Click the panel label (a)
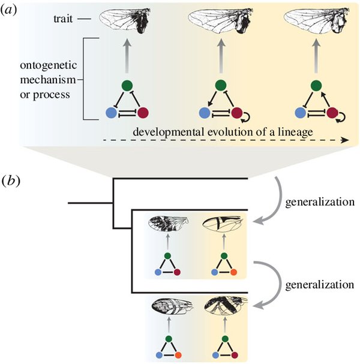[x=9, y=10]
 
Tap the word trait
[x=63, y=19]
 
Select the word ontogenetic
[x=49, y=66]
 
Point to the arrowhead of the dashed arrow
[x=346, y=140]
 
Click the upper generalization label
[x=320, y=202]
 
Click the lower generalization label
[x=320, y=285]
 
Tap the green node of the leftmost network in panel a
[x=127, y=85]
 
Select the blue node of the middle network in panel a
[x=205, y=113]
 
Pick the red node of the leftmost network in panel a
[x=143, y=113]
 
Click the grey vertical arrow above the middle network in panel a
[x=221, y=56]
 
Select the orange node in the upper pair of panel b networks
[x=233, y=272]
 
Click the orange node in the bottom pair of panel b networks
[x=178, y=355]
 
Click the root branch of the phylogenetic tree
[x=91, y=203]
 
